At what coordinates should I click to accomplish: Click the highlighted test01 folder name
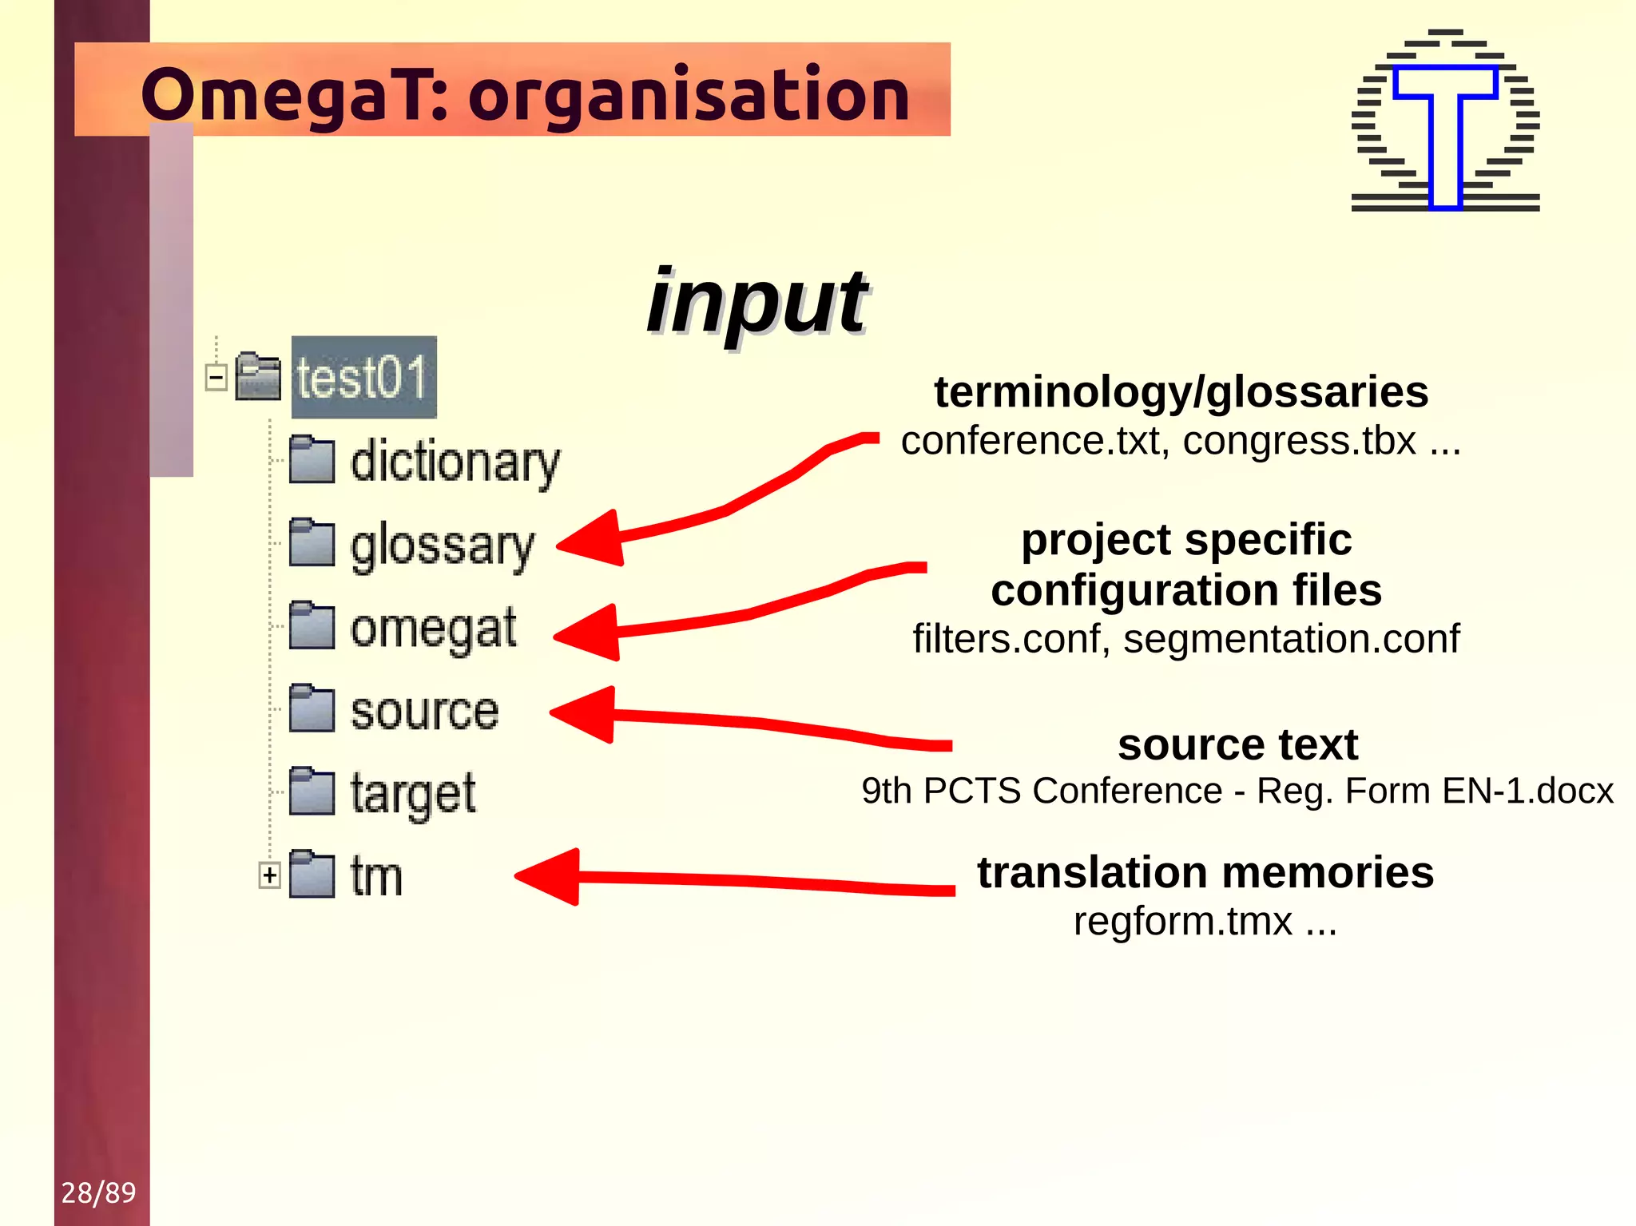363,377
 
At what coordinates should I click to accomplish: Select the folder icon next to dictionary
311,460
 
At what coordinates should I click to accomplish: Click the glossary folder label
442,546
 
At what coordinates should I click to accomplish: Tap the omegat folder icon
311,625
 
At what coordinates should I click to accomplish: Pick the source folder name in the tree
424,711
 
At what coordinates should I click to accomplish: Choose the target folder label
413,794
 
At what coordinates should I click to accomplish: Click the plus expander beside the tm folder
270,875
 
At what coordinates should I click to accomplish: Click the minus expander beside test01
216,377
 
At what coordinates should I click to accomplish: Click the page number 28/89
98,1192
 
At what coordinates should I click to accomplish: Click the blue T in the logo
1445,136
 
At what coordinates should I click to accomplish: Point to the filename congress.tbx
1300,442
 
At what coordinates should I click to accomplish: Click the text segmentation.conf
1291,639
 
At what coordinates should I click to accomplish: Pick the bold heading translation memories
1205,871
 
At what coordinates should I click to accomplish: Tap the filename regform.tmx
1182,922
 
